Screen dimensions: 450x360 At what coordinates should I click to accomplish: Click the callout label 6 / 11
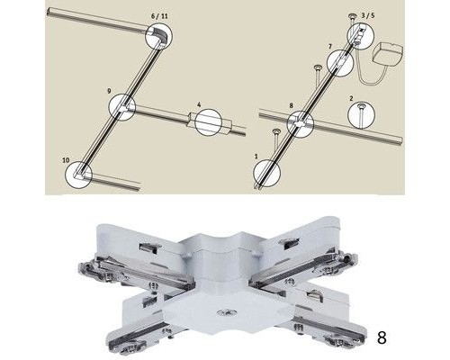(159, 16)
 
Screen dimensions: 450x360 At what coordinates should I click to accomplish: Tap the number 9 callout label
(109, 91)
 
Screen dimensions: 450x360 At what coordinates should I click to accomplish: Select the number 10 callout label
(66, 160)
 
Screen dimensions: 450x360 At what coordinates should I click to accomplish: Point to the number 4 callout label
(199, 104)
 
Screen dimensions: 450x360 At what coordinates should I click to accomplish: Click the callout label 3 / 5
(368, 15)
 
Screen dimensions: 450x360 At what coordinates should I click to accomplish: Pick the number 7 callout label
(330, 47)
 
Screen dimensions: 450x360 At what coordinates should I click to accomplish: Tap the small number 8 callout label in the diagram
(292, 105)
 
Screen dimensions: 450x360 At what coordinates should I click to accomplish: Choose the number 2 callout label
(351, 98)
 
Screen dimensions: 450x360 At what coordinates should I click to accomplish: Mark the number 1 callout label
(256, 157)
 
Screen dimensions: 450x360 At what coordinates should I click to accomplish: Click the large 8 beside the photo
(382, 337)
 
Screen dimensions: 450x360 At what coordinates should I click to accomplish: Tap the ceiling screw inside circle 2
(361, 112)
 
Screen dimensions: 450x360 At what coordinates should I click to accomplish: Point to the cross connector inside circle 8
(301, 123)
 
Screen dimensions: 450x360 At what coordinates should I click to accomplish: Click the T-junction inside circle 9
(123, 107)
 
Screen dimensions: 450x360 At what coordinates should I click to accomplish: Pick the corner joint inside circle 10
(80, 174)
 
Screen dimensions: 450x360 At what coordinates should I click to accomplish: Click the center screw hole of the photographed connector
(226, 313)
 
